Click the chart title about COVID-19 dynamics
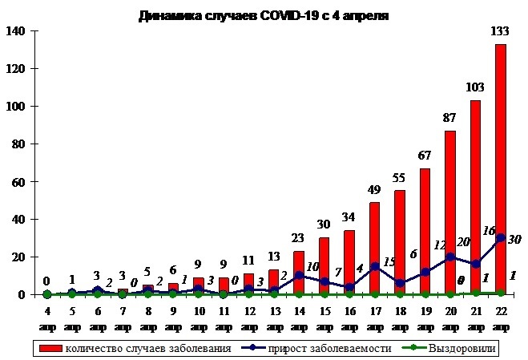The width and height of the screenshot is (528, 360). (263, 15)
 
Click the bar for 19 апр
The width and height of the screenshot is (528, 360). (425, 232)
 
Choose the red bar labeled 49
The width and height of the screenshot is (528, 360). (374, 249)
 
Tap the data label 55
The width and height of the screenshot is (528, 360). (400, 177)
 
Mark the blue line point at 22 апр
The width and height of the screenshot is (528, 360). (500, 238)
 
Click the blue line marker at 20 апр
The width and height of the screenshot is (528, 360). (450, 257)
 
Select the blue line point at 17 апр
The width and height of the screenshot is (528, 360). (374, 267)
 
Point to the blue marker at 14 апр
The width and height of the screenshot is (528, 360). (299, 276)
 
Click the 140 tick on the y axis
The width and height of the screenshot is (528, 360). (18, 31)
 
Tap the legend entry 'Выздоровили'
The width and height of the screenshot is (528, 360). (466, 348)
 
